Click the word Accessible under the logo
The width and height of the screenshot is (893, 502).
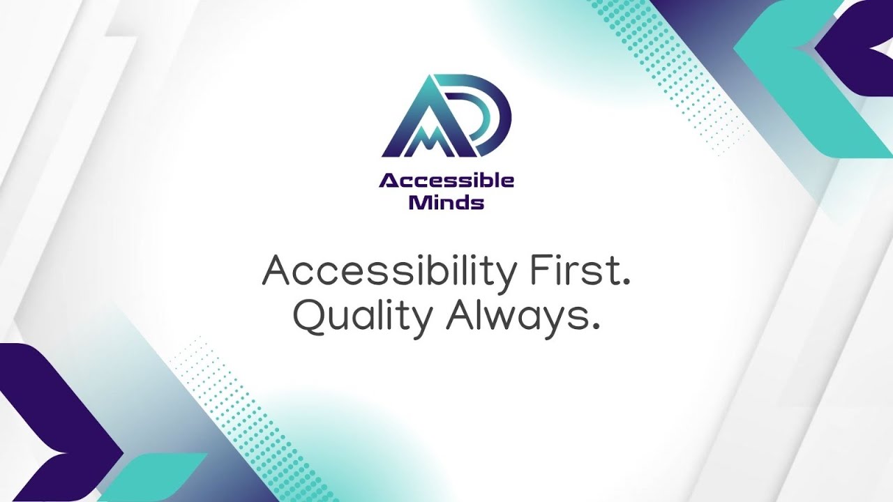(446, 181)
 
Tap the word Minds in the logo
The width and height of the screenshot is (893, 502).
(446, 203)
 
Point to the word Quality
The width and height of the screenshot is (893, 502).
(362, 319)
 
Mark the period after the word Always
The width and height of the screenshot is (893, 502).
(595, 327)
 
